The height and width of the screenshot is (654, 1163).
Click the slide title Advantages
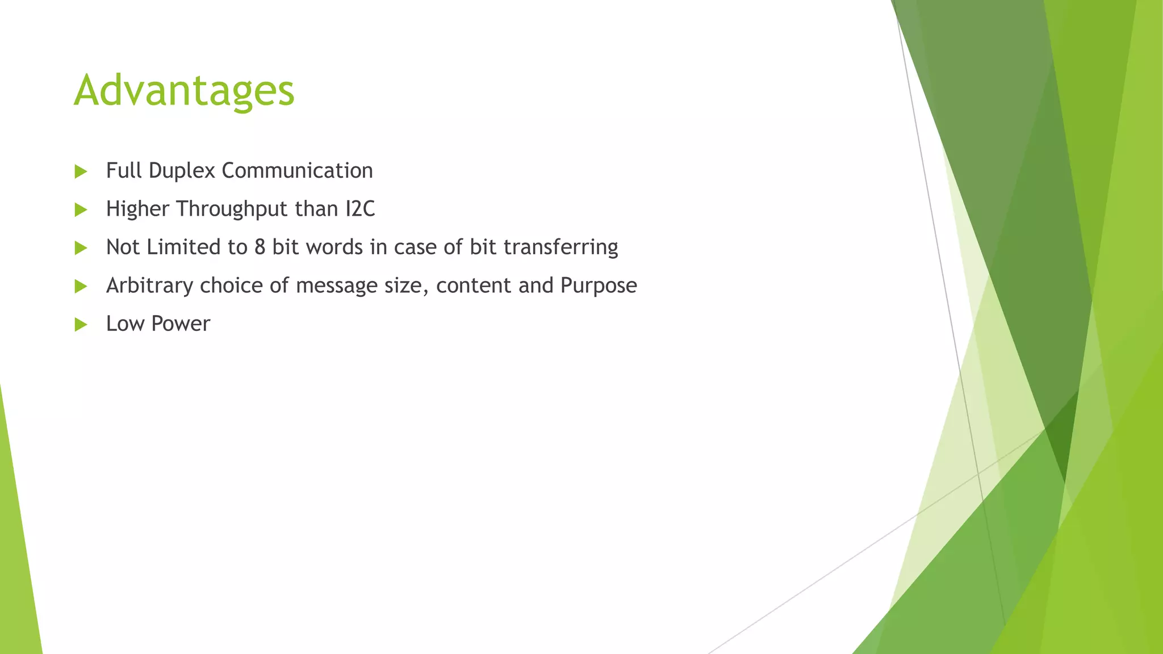pyautogui.click(x=184, y=91)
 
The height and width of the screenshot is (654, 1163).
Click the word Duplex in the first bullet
pyautogui.click(x=182, y=171)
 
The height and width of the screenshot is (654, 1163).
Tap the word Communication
pyautogui.click(x=297, y=171)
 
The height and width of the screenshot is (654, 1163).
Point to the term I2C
pyautogui.click(x=360, y=209)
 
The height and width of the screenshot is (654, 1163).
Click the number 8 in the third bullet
pyautogui.click(x=260, y=247)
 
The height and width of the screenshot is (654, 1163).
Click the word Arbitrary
pyautogui.click(x=149, y=286)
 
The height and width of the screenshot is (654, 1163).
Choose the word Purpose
pyautogui.click(x=599, y=286)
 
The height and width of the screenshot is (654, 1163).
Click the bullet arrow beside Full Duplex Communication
pyautogui.click(x=81, y=171)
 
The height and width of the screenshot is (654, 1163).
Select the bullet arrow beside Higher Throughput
pyautogui.click(x=81, y=210)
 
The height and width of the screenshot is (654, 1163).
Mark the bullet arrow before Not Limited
pyautogui.click(x=81, y=248)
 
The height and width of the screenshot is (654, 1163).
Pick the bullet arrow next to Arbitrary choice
pyautogui.click(x=81, y=286)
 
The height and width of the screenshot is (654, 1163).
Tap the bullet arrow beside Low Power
pyautogui.click(x=81, y=325)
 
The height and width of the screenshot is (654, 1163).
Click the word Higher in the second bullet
pyautogui.click(x=137, y=209)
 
